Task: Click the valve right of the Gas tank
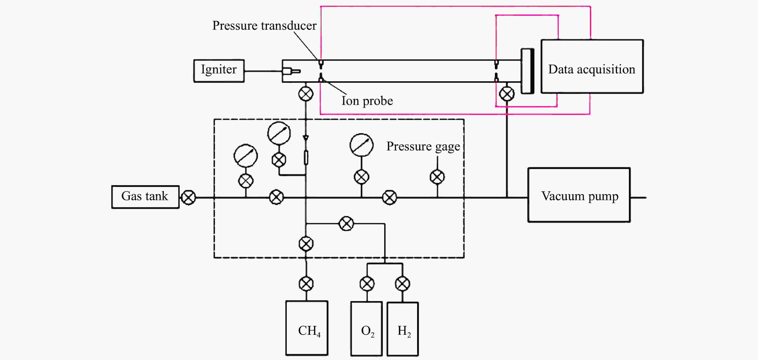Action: tap(188, 197)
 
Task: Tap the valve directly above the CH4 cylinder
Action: tap(306, 284)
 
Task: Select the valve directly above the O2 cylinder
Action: tap(367, 284)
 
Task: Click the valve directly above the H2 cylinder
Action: tap(402, 284)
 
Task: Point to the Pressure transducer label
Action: tap(264, 26)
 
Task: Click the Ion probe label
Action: tap(367, 101)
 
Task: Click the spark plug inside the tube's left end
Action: tap(291, 71)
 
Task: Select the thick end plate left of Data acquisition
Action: tap(528, 71)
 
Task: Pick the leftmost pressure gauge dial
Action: tap(246, 156)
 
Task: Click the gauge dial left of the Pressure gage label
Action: tap(361, 145)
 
